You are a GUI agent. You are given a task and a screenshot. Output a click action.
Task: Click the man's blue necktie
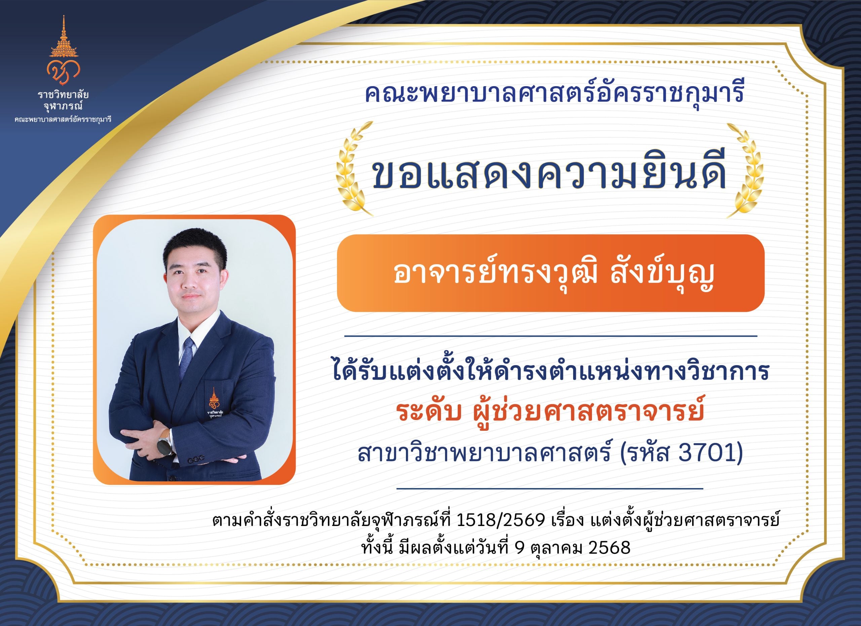187,357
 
